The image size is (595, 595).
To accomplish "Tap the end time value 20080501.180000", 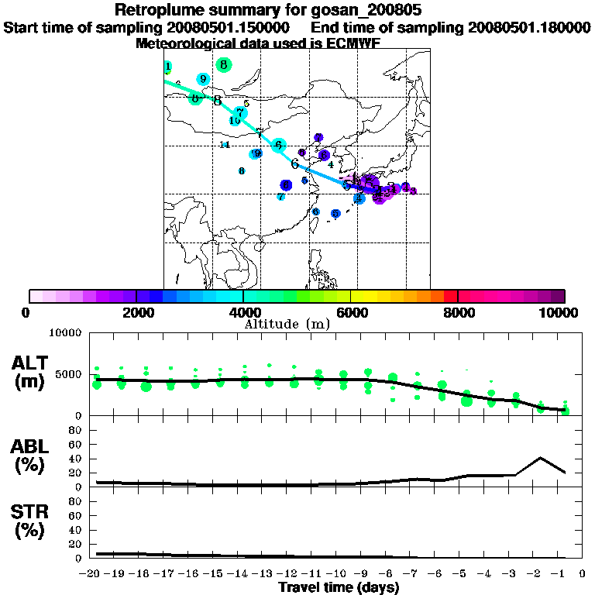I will (x=529, y=28).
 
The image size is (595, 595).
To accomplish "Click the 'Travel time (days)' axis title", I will (x=339, y=587).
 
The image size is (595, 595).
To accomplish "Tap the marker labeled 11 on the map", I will (x=225, y=145).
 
